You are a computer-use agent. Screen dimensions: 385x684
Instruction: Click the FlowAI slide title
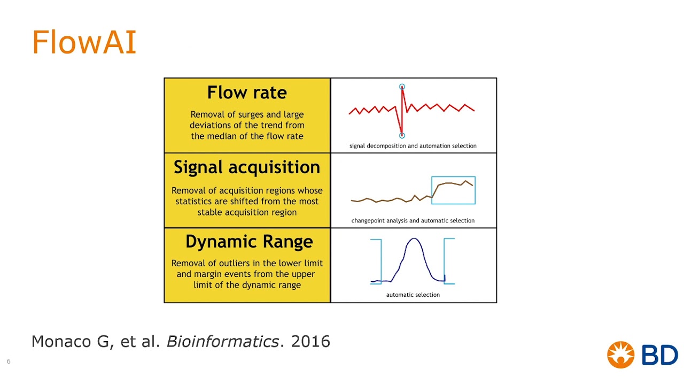tap(84, 42)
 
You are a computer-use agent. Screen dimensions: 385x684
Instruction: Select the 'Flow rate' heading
tap(247, 93)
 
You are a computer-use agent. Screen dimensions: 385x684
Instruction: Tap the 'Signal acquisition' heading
tap(247, 167)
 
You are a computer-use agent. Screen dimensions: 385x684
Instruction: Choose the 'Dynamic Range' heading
tap(249, 242)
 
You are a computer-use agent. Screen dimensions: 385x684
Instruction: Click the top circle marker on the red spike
tap(402, 87)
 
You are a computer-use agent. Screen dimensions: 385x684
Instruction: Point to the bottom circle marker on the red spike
tap(402, 136)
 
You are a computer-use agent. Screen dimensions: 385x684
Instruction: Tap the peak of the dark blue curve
tap(414, 239)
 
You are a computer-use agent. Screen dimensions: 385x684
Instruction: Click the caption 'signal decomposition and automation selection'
tap(413, 146)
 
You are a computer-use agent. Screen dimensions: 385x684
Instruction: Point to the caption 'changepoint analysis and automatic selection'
tap(413, 221)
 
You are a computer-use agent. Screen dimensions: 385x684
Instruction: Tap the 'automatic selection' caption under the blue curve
tap(413, 295)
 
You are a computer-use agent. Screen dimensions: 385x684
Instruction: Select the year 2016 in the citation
tap(310, 342)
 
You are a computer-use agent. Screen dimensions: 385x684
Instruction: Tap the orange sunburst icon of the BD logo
tap(620, 355)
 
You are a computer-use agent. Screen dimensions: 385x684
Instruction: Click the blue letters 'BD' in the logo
tap(659, 355)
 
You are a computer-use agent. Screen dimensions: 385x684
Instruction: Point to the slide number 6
tap(9, 361)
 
